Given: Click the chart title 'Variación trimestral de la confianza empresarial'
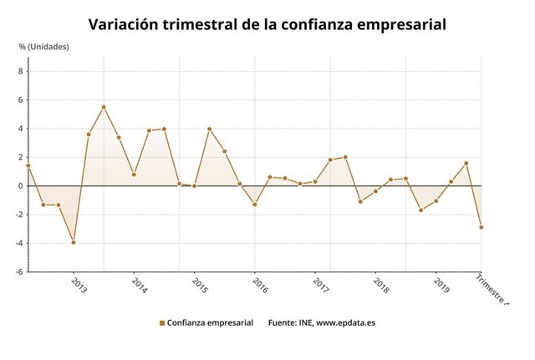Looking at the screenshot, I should [267, 24].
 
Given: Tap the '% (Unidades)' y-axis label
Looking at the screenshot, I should [44, 47].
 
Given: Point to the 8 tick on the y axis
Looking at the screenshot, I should [20, 72].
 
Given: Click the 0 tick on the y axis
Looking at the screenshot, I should [20, 186].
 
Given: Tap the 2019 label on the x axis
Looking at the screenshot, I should [441, 285].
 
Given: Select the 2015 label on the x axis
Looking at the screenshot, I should [199, 285].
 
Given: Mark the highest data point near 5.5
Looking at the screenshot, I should [104, 107].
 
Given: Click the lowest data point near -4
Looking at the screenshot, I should [74, 242].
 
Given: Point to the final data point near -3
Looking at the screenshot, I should [481, 227].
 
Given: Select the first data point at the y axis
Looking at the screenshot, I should [28, 165].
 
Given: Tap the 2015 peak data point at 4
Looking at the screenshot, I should [209, 129].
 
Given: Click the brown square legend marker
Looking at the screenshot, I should [161, 322].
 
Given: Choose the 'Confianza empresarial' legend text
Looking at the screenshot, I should [209, 322].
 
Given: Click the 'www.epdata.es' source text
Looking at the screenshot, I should [345, 322].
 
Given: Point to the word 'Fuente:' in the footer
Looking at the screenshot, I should [283, 322].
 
